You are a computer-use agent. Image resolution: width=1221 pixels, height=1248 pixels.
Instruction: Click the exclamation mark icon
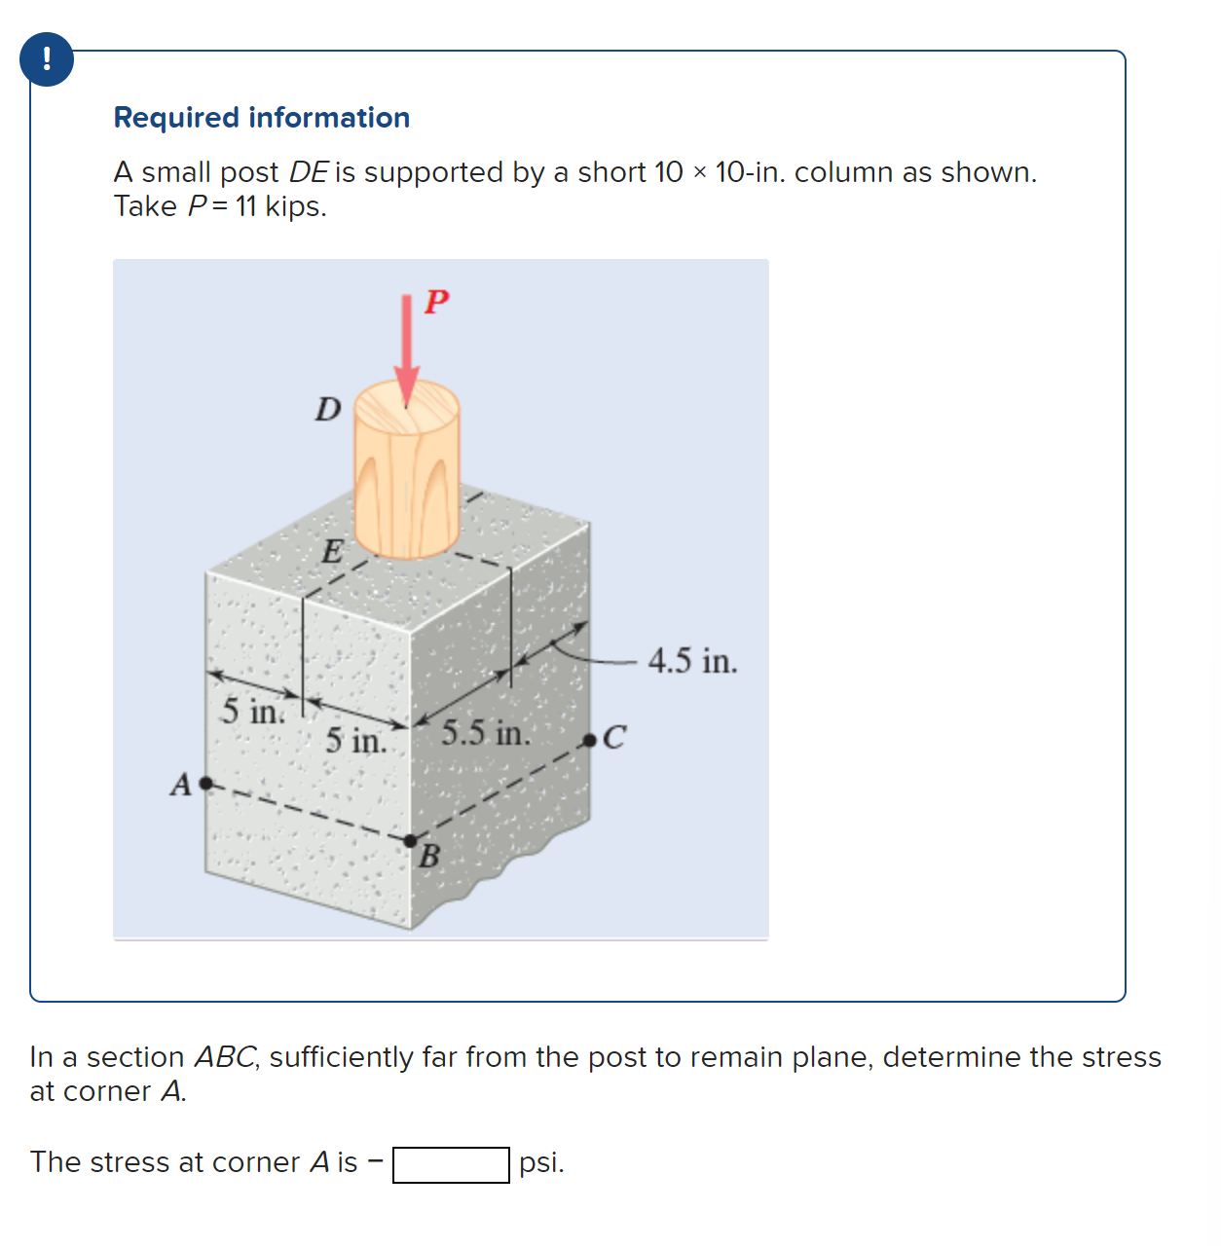point(46,59)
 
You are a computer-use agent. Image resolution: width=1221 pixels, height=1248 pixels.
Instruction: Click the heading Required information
point(261,118)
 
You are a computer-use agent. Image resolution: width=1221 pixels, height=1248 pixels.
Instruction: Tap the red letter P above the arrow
point(436,302)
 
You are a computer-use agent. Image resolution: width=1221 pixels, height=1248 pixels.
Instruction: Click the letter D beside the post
point(328,409)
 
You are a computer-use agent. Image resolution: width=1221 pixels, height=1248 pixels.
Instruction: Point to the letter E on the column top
point(332,552)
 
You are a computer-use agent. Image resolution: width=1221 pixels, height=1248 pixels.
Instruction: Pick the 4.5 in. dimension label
point(692,661)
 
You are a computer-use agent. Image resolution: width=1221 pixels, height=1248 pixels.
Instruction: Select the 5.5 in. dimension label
point(486,733)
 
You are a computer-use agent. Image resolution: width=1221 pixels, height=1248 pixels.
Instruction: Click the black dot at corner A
point(205,783)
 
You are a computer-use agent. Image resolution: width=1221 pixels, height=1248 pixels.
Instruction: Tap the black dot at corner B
point(410,840)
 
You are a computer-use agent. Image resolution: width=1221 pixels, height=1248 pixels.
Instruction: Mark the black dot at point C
point(589,741)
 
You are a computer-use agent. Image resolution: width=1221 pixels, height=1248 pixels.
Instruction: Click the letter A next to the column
point(181,785)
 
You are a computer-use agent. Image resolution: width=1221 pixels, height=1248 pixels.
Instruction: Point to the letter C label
point(614,738)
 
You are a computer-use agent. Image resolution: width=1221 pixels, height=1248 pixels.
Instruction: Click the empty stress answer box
point(451,1164)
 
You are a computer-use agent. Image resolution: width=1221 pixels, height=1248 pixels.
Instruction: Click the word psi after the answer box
point(540,1162)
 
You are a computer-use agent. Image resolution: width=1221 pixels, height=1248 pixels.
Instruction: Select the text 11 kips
point(280,206)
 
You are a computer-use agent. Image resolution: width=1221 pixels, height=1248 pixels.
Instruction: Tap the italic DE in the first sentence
point(308,172)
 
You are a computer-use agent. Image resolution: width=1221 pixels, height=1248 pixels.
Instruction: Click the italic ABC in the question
point(227,1057)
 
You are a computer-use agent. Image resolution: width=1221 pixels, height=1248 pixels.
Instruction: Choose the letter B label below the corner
point(429,858)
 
